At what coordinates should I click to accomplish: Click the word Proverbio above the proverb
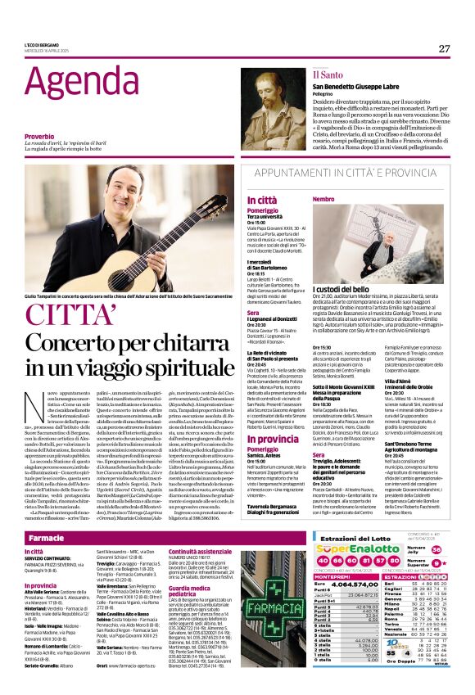coord(39,136)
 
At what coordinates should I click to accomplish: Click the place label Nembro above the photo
coord(323,199)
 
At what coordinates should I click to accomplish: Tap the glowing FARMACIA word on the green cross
coord(275,608)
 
